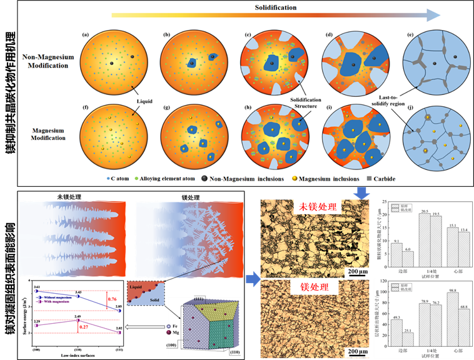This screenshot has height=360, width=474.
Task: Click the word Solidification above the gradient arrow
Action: point(276,8)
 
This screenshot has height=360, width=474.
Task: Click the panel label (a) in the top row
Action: point(86,34)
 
